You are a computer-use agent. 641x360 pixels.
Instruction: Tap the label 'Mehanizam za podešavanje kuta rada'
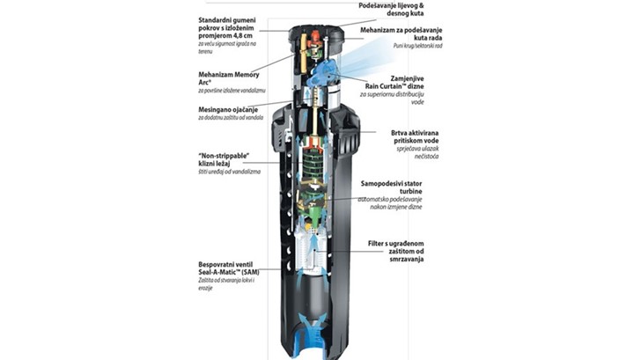point(404,35)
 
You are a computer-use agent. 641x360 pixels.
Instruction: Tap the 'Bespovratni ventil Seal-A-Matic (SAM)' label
point(232,268)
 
